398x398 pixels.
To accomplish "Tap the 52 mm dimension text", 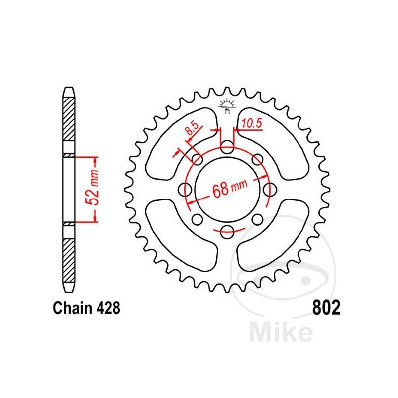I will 91,189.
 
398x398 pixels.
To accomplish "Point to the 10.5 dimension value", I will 253,123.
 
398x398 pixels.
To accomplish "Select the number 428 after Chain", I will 108,308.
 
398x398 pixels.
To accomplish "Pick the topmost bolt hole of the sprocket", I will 227,147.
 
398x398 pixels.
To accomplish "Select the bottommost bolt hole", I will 227,230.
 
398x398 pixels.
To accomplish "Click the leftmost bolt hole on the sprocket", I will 187,189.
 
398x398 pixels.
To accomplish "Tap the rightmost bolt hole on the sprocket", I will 269,189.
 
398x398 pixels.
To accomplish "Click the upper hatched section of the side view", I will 69,119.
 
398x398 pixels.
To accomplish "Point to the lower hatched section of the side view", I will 69,259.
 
